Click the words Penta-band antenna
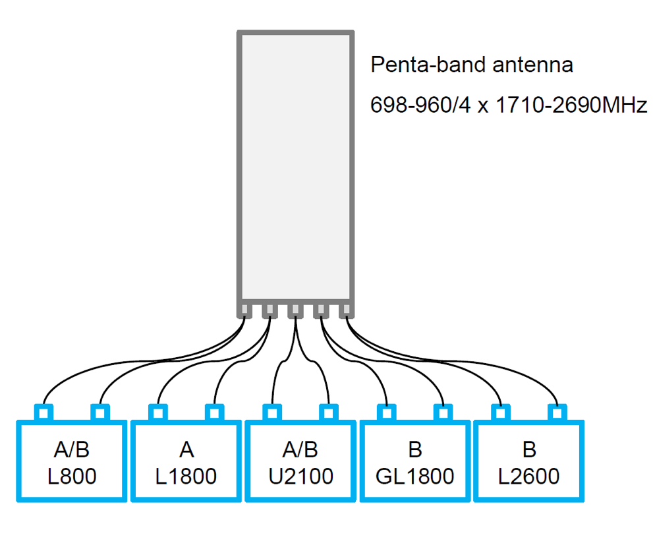471,65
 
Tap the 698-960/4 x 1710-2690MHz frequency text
509,105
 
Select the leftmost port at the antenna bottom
244,309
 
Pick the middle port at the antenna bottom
296,309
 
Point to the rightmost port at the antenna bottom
347,309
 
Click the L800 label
72,476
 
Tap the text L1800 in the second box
186,476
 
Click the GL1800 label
414,476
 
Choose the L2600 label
528,476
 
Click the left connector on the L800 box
43,413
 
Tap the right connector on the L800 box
100,413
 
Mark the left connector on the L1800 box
157,413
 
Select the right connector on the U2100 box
328,413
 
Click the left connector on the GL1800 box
385,413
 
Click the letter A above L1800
186,450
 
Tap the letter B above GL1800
414,450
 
